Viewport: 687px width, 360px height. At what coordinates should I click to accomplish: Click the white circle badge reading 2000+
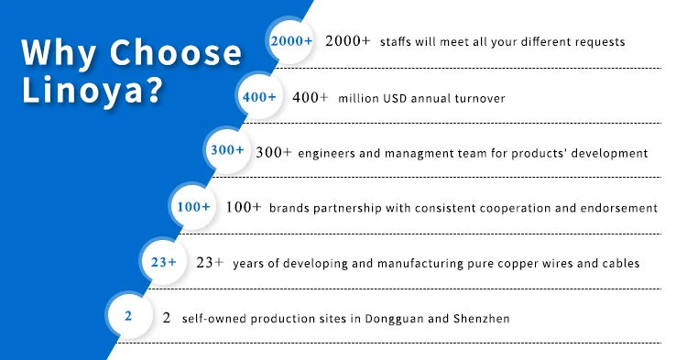pos(291,41)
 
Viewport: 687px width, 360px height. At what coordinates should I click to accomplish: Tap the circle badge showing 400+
pos(259,96)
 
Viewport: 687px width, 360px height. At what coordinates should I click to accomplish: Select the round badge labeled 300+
pos(227,150)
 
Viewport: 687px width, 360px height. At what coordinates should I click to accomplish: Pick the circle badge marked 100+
pos(193,206)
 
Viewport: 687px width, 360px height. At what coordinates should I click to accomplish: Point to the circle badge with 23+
pos(163,262)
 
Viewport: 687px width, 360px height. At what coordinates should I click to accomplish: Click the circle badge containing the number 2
pos(129,315)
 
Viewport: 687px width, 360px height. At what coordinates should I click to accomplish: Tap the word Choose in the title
pos(175,52)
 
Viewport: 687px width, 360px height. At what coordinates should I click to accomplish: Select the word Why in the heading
pos(60,53)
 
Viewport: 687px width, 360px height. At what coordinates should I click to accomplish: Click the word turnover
pos(480,98)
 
